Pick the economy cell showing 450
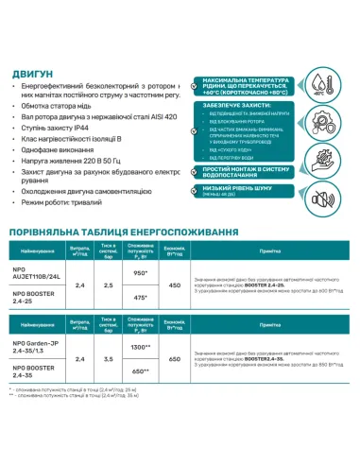tap(174, 284)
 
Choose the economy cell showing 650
tap(174, 360)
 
